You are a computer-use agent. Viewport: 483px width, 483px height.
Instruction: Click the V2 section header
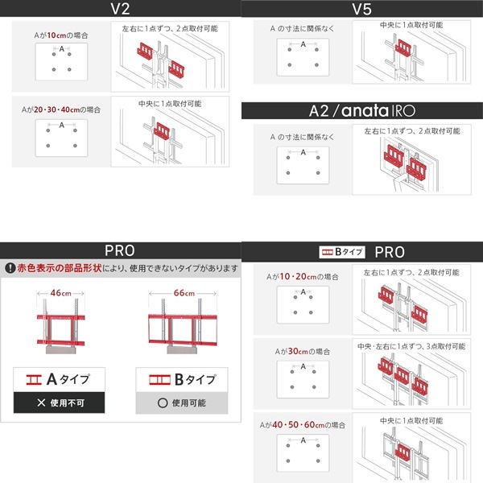120,9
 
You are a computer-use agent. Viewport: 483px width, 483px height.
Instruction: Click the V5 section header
362,9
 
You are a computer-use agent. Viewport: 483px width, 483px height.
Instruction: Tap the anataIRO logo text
378,110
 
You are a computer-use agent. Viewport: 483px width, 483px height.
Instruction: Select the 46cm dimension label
60,293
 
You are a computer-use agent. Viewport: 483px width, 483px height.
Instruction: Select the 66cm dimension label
184,293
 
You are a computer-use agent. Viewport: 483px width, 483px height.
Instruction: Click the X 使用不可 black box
59,402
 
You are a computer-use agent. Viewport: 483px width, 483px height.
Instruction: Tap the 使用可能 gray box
182,403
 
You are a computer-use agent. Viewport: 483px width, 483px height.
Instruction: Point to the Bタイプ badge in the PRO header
342,252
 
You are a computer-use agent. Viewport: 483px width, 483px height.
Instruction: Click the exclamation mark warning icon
10,268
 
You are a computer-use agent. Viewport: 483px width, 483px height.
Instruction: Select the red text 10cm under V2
56,35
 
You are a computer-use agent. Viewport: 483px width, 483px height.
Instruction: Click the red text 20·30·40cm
56,109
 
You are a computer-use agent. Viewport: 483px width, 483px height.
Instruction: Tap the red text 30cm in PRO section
298,351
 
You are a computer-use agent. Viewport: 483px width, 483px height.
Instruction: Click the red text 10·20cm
298,277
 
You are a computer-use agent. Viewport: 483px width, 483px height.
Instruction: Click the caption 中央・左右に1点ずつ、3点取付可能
411,346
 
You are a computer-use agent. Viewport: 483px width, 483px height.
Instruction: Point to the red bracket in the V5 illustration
403,47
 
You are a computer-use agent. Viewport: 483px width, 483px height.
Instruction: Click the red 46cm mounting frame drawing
60,329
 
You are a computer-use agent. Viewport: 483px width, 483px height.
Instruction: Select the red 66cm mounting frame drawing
183,329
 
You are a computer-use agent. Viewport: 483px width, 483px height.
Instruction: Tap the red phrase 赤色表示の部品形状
60,268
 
